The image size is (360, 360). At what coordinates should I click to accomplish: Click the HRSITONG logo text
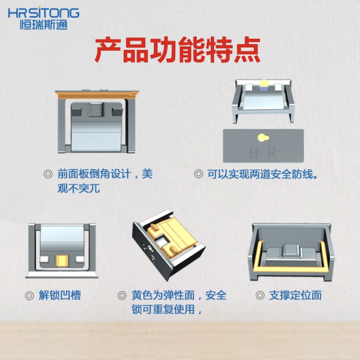pyautogui.click(x=43, y=13)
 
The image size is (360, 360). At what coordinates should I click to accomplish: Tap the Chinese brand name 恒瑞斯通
pyautogui.click(x=43, y=25)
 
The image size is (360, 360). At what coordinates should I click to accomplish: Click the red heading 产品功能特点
pyautogui.click(x=177, y=49)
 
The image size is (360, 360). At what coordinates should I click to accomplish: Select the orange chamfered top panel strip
pyautogui.click(x=97, y=95)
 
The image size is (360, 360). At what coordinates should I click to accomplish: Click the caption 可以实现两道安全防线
pyautogui.click(x=263, y=174)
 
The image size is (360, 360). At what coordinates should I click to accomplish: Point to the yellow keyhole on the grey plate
pyautogui.click(x=263, y=137)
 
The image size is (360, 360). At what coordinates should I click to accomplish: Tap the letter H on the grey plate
pyautogui.click(x=254, y=153)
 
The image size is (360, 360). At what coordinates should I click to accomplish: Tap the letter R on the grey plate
pyautogui.click(x=272, y=153)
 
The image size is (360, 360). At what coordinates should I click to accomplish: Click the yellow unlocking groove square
pyautogui.click(x=62, y=261)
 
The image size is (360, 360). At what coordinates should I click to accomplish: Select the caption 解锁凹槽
pyautogui.click(x=60, y=295)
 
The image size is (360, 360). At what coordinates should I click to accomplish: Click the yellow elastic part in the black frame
pyautogui.click(x=172, y=239)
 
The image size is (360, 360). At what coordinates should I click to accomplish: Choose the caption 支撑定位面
pyautogui.click(x=295, y=295)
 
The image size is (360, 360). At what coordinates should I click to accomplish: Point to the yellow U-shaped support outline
pyautogui.click(x=290, y=268)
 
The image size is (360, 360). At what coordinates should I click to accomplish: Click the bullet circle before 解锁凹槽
pyautogui.click(x=29, y=295)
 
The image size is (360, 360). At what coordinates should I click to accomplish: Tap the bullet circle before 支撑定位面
pyautogui.click(x=260, y=295)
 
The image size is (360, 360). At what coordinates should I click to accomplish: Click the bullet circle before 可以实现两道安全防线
pyautogui.click(x=199, y=174)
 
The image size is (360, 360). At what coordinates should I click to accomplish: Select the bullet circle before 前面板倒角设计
pyautogui.click(x=48, y=174)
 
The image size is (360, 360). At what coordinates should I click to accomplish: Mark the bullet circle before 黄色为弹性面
pyautogui.click(x=122, y=295)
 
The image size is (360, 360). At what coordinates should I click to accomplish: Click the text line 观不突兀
pyautogui.click(x=79, y=189)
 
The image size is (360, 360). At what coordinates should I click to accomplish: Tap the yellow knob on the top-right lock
pyautogui.click(x=264, y=83)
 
